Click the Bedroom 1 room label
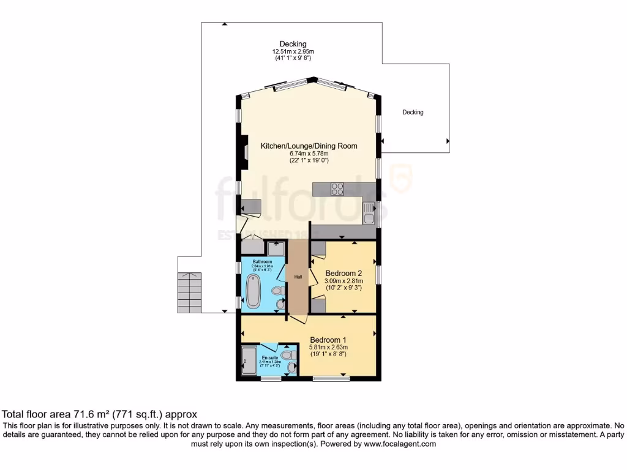pos(328,340)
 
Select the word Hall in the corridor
pos(298,277)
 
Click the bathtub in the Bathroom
pos(252,291)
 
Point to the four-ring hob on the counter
pos(337,189)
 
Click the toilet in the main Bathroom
pos(277,291)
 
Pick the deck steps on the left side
pos(189,293)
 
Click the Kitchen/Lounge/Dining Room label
pos(309,146)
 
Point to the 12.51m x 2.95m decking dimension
pos(292,51)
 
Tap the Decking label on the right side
pos(413,112)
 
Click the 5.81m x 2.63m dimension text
pos(328,347)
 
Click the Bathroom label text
pos(253,262)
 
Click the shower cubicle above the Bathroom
pos(276,247)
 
